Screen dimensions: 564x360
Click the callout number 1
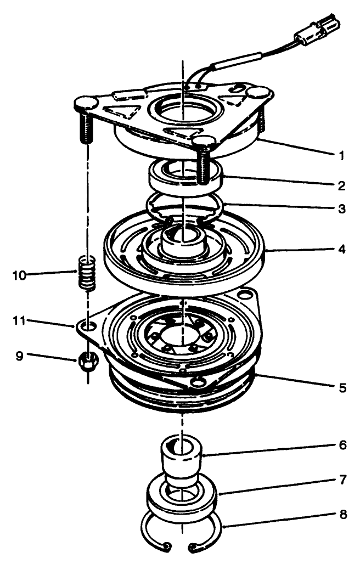coord(341,155)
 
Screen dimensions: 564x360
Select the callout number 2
coord(341,185)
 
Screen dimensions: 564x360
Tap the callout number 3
coord(341,209)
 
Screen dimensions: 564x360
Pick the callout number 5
coord(342,387)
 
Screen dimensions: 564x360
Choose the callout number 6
coord(342,444)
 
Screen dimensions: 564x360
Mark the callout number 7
coord(342,480)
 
